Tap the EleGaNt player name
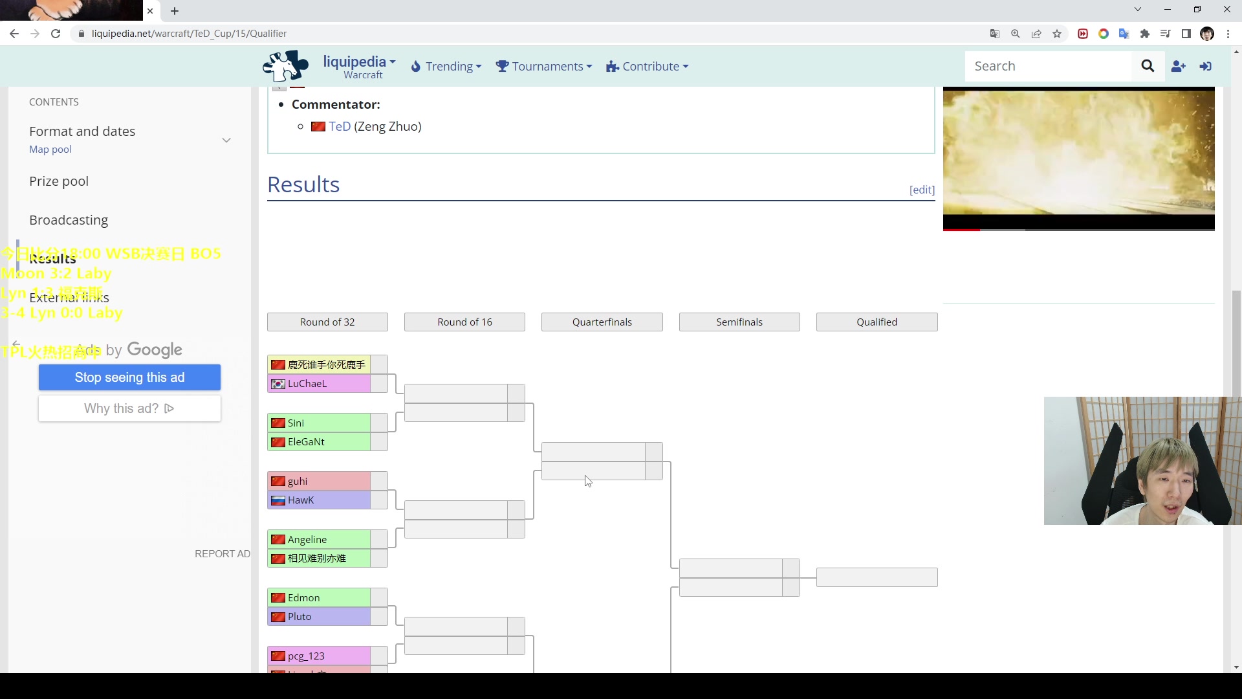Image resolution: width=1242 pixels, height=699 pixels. click(x=306, y=442)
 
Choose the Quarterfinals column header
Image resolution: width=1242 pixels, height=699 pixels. click(x=602, y=322)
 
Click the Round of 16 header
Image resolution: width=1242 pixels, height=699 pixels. click(x=464, y=322)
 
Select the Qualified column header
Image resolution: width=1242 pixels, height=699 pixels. click(x=877, y=322)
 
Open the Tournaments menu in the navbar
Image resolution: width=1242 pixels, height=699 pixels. click(x=544, y=67)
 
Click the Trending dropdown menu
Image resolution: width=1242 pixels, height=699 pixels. click(x=446, y=67)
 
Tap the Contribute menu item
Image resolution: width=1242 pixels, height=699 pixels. click(x=648, y=67)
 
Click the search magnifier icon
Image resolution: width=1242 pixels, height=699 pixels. click(x=1148, y=66)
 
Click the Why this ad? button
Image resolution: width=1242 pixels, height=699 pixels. click(x=129, y=408)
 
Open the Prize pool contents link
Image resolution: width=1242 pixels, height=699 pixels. click(x=59, y=181)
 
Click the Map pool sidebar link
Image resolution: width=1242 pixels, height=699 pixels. click(x=50, y=150)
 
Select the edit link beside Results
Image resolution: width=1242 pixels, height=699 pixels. click(x=922, y=190)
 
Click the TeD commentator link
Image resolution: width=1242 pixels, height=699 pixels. click(x=340, y=127)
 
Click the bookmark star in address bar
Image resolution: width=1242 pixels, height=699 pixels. click(x=1057, y=34)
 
